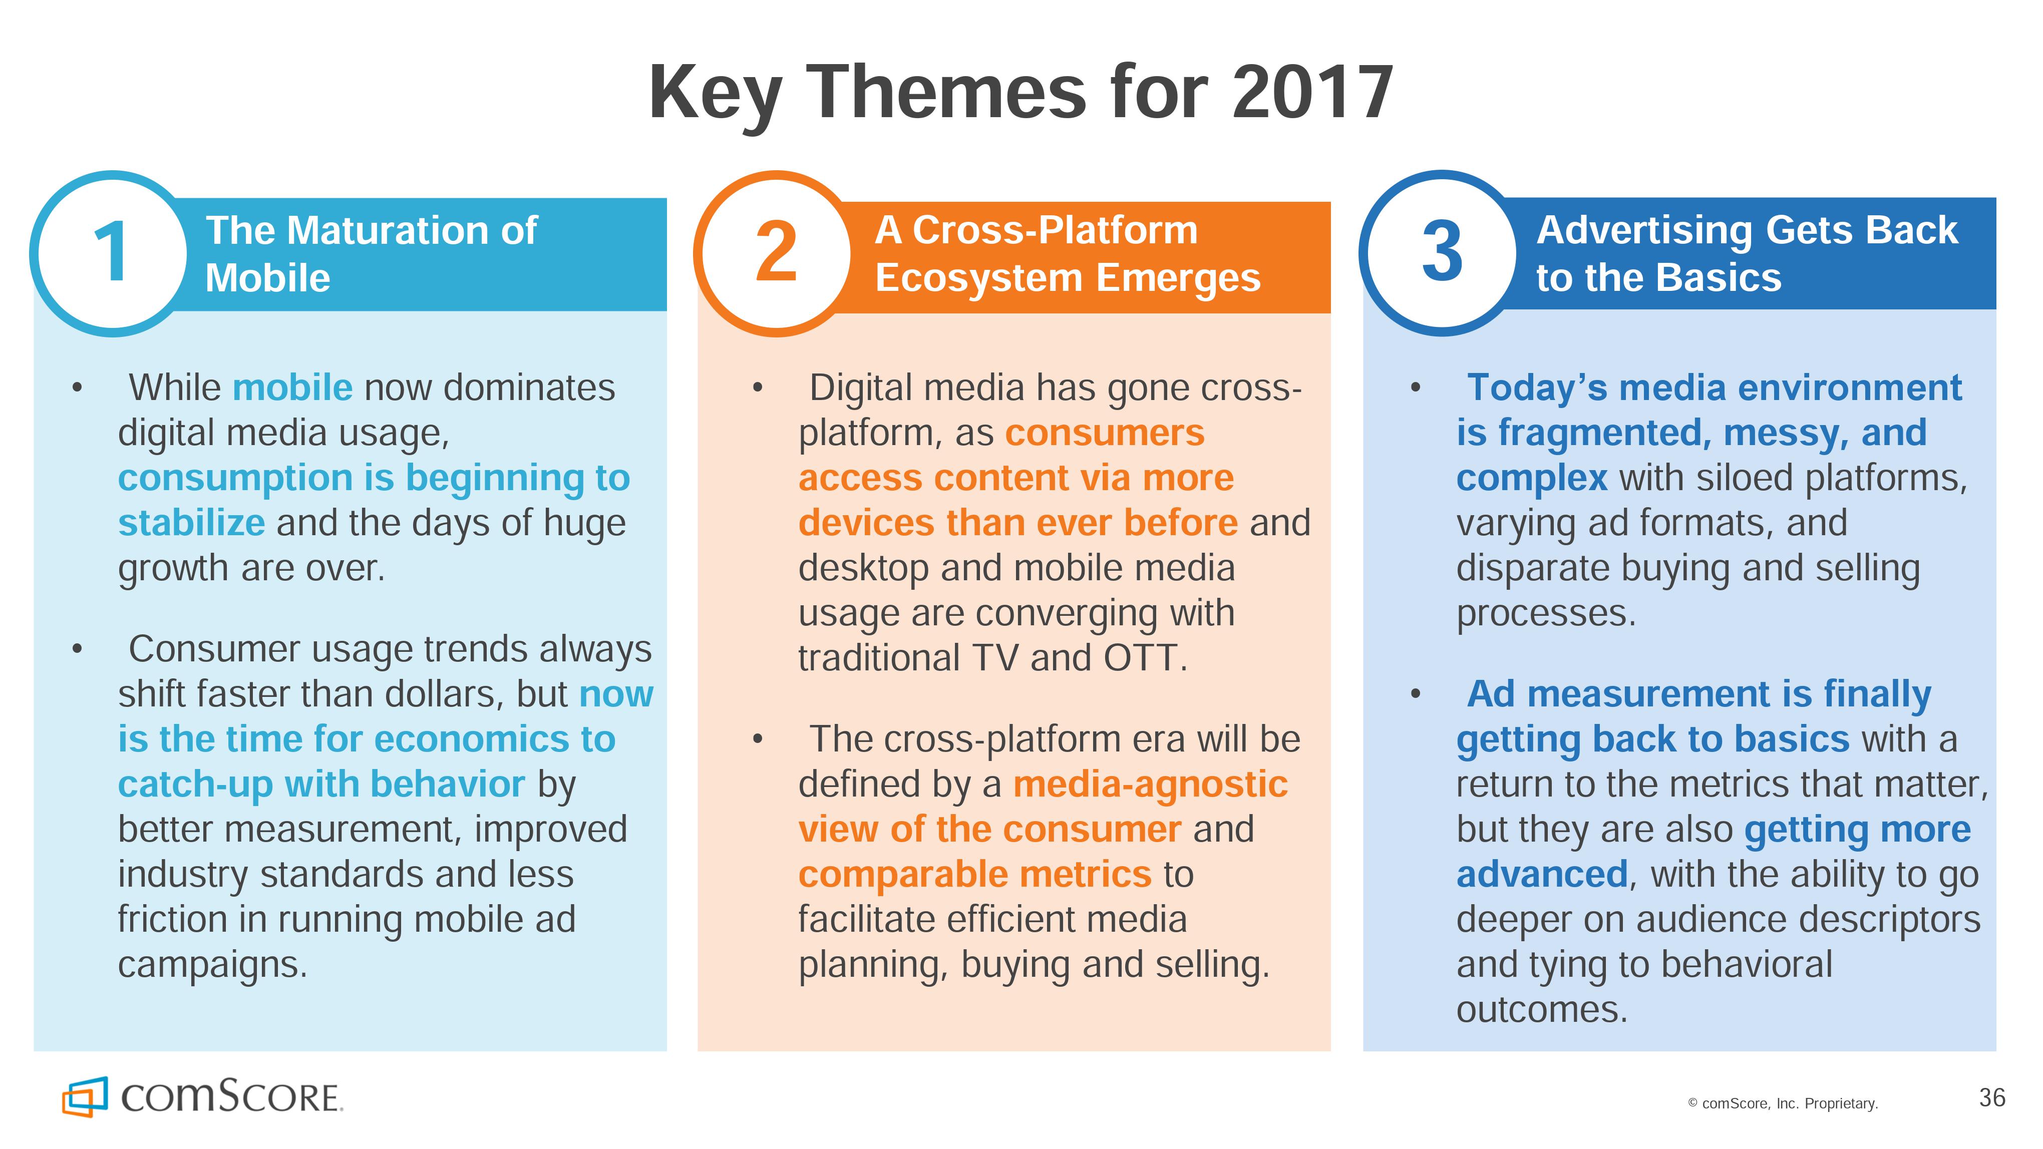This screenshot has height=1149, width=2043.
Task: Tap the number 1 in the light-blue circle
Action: pos(111,252)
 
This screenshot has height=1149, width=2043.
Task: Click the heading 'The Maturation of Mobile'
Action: pos(371,254)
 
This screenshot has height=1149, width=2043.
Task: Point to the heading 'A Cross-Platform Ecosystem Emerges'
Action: pos(1068,254)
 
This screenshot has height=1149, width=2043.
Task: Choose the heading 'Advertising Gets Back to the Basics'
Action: pos(1747,254)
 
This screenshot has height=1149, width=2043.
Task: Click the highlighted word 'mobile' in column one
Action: pos(292,388)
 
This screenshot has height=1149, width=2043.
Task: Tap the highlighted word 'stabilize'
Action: pos(191,523)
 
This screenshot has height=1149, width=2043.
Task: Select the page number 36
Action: pos(1992,1098)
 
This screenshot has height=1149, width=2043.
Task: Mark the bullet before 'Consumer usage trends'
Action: pos(77,649)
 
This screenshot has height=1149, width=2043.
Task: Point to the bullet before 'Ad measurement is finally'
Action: pos(1416,694)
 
